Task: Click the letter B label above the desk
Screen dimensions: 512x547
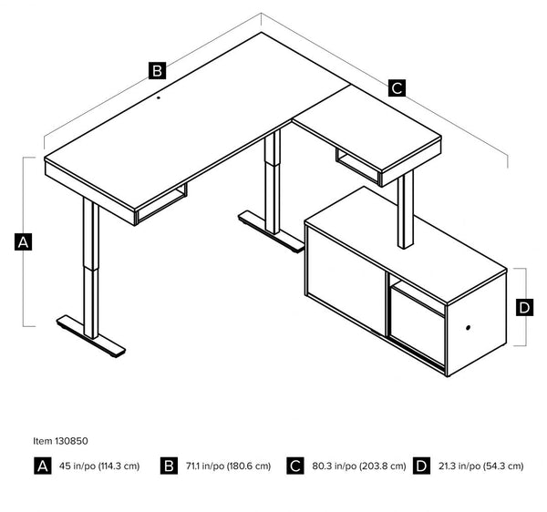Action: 157,70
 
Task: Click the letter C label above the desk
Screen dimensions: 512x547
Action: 397,88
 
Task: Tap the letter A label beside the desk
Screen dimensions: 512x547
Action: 24,242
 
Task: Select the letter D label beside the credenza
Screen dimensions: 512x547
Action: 524,308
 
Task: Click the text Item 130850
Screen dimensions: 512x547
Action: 59,440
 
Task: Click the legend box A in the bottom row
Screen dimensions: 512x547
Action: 42,466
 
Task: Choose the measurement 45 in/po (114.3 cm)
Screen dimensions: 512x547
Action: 100,466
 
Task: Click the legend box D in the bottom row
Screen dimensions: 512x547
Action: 420,466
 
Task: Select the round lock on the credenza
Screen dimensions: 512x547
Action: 470,328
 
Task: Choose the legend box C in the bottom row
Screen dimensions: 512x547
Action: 294,466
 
